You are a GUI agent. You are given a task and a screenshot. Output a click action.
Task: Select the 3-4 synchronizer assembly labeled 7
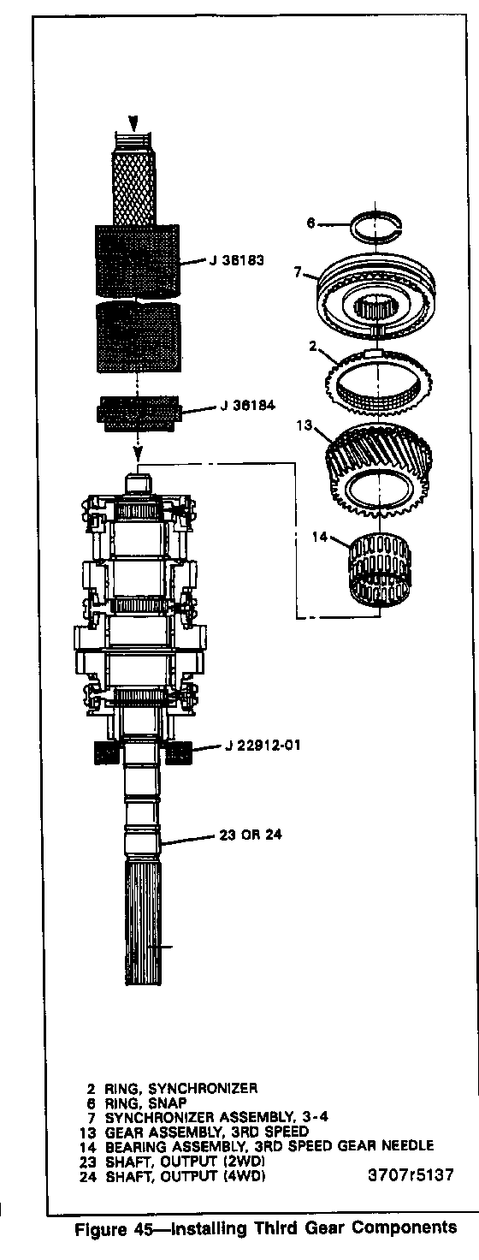[376, 295]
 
